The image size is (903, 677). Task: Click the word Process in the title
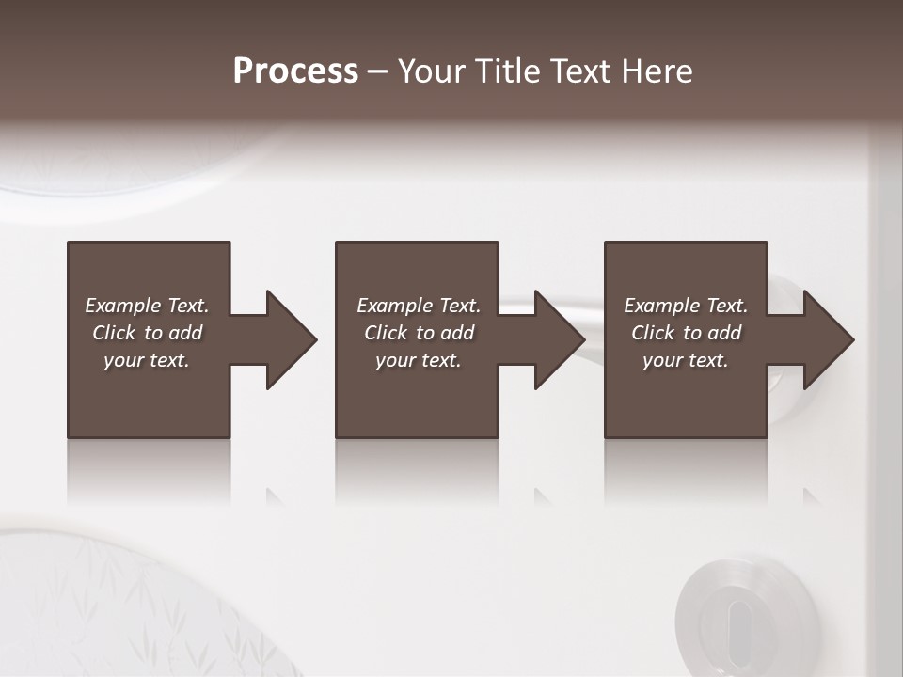295,71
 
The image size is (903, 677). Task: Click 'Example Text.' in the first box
147,306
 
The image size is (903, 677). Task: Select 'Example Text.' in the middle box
419,306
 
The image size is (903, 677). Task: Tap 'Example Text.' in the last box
686,306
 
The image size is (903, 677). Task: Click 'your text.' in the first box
147,360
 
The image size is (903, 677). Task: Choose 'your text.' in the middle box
419,360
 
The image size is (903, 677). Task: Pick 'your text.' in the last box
686,360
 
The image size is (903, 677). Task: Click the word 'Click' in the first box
114,333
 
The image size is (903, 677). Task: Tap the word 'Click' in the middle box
386,333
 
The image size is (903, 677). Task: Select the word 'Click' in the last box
653,333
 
